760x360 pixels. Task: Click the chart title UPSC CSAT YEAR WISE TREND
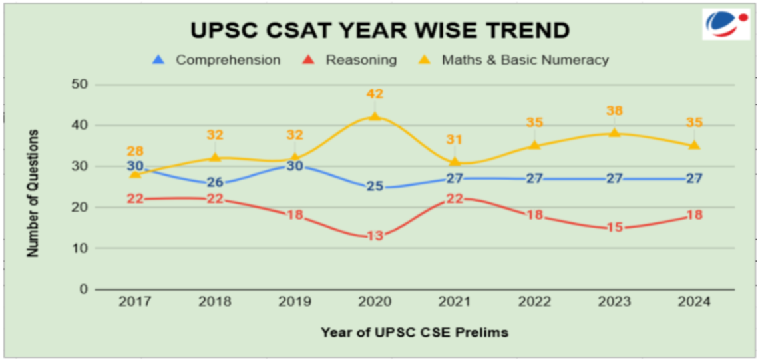pyautogui.click(x=380, y=31)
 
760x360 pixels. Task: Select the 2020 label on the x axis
pyautogui.click(x=375, y=302)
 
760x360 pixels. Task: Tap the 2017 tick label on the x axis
pyautogui.click(x=135, y=302)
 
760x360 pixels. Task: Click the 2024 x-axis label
pyautogui.click(x=694, y=302)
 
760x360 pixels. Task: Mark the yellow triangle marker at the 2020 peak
pyautogui.click(x=375, y=116)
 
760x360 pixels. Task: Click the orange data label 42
pyautogui.click(x=375, y=94)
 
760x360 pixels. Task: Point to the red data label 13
pyautogui.click(x=375, y=236)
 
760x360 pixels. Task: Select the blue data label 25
pyautogui.click(x=375, y=186)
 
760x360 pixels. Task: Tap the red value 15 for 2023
pyautogui.click(x=614, y=228)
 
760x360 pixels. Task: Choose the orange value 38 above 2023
pyautogui.click(x=614, y=111)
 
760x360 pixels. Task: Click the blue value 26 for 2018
pyautogui.click(x=215, y=182)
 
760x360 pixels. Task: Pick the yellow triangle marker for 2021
pyautogui.click(x=455, y=162)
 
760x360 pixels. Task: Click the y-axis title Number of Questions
pyautogui.click(x=33, y=193)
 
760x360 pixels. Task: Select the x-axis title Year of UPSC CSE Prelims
pyautogui.click(x=415, y=331)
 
